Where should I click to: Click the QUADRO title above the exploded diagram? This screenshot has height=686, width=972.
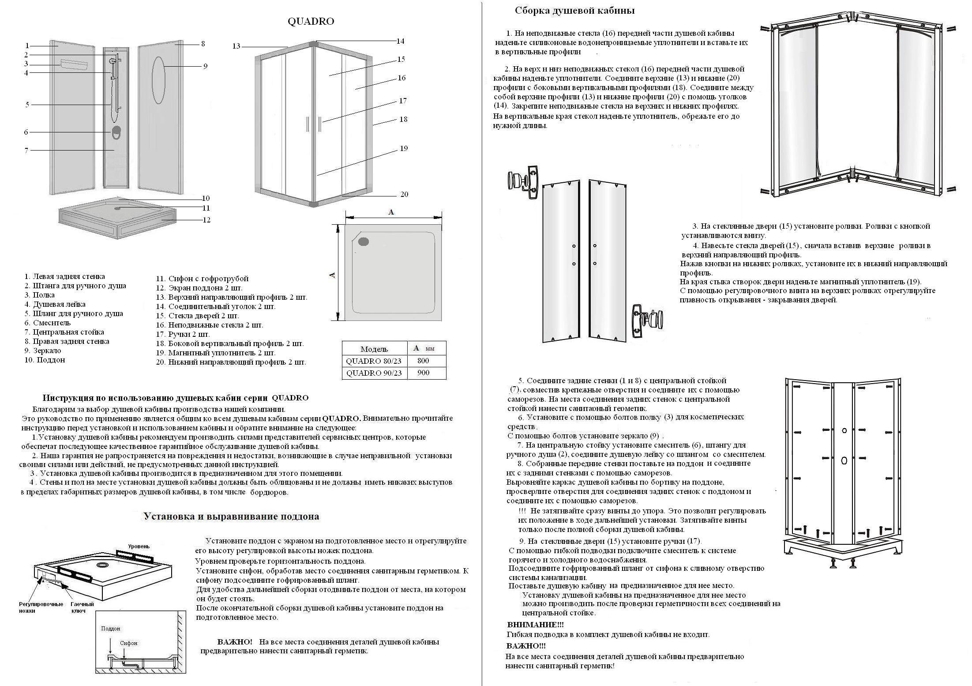pos(311,22)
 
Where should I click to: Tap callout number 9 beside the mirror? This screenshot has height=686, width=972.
pos(205,66)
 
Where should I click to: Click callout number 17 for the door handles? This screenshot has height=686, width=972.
pos(402,101)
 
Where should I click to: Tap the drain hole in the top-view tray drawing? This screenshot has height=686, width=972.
pos(364,241)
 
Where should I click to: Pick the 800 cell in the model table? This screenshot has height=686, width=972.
pos(423,361)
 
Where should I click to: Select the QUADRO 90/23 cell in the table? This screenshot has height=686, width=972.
pos(374,373)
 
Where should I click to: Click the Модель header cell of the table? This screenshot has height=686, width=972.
pos(374,349)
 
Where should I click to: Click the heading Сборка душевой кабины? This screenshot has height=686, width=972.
pos(574,11)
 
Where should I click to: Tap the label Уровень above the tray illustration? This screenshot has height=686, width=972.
pos(139,546)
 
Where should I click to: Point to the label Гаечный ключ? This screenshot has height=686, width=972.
pos(82,607)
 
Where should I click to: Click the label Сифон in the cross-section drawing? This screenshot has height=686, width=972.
pos(128,643)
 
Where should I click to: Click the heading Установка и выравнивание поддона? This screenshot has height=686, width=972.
pos(231,516)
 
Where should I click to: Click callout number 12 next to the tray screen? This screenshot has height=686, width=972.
pos(206,220)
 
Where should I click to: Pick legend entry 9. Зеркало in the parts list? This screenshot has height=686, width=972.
pos(43,351)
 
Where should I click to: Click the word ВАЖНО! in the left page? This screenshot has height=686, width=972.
pos(235,642)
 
